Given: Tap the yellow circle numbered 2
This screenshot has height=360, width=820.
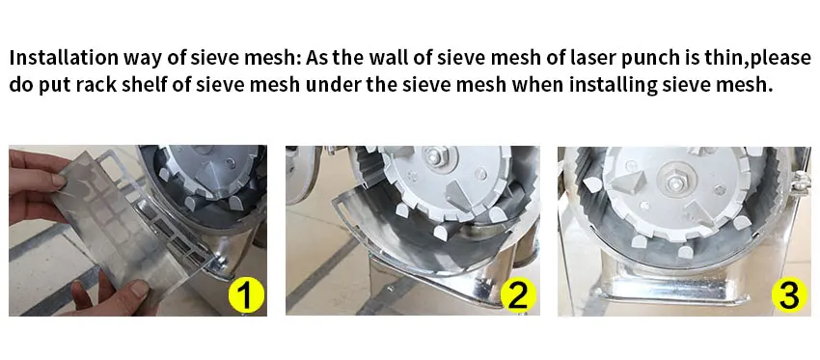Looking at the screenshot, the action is tap(518, 295).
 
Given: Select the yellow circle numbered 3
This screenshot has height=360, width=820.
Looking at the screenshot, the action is tap(788, 295).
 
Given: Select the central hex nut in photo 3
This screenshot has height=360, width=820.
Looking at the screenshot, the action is tap(675, 181).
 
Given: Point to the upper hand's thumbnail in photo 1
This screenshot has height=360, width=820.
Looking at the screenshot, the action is tap(57, 180).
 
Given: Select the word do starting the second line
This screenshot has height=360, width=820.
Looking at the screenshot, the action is tap(21, 85).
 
